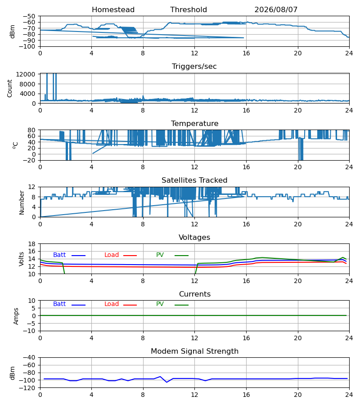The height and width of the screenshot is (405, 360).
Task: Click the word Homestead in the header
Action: tap(113, 10)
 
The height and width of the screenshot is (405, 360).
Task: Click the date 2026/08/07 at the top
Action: tap(276, 10)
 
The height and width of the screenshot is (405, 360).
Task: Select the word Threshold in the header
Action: tap(189, 10)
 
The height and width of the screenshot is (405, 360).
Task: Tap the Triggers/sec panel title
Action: tap(194, 67)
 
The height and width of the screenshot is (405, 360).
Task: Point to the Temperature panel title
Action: tap(194, 123)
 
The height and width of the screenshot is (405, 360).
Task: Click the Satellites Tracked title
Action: tap(194, 180)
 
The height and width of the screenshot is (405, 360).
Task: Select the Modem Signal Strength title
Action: tap(194, 351)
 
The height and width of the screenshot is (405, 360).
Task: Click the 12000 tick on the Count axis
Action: tap(26, 74)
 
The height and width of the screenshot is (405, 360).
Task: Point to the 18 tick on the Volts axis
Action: tap(32, 244)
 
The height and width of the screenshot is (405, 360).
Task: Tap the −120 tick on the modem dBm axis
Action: tap(29, 388)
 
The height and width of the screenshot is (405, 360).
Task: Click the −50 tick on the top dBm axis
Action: tap(29, 16)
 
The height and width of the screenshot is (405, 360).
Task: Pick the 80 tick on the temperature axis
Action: tap(32, 130)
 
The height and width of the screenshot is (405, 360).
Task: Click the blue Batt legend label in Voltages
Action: tap(59, 255)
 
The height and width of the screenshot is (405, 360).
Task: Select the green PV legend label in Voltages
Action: tap(160, 255)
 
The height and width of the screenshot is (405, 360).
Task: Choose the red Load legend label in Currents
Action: tap(112, 304)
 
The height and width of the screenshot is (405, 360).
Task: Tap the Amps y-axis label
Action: tap(16, 316)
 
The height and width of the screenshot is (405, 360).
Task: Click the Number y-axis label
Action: tap(22, 203)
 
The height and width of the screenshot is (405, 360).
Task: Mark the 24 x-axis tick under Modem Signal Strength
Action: tap(349, 395)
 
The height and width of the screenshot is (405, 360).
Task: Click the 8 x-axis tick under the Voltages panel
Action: tap(143, 281)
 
